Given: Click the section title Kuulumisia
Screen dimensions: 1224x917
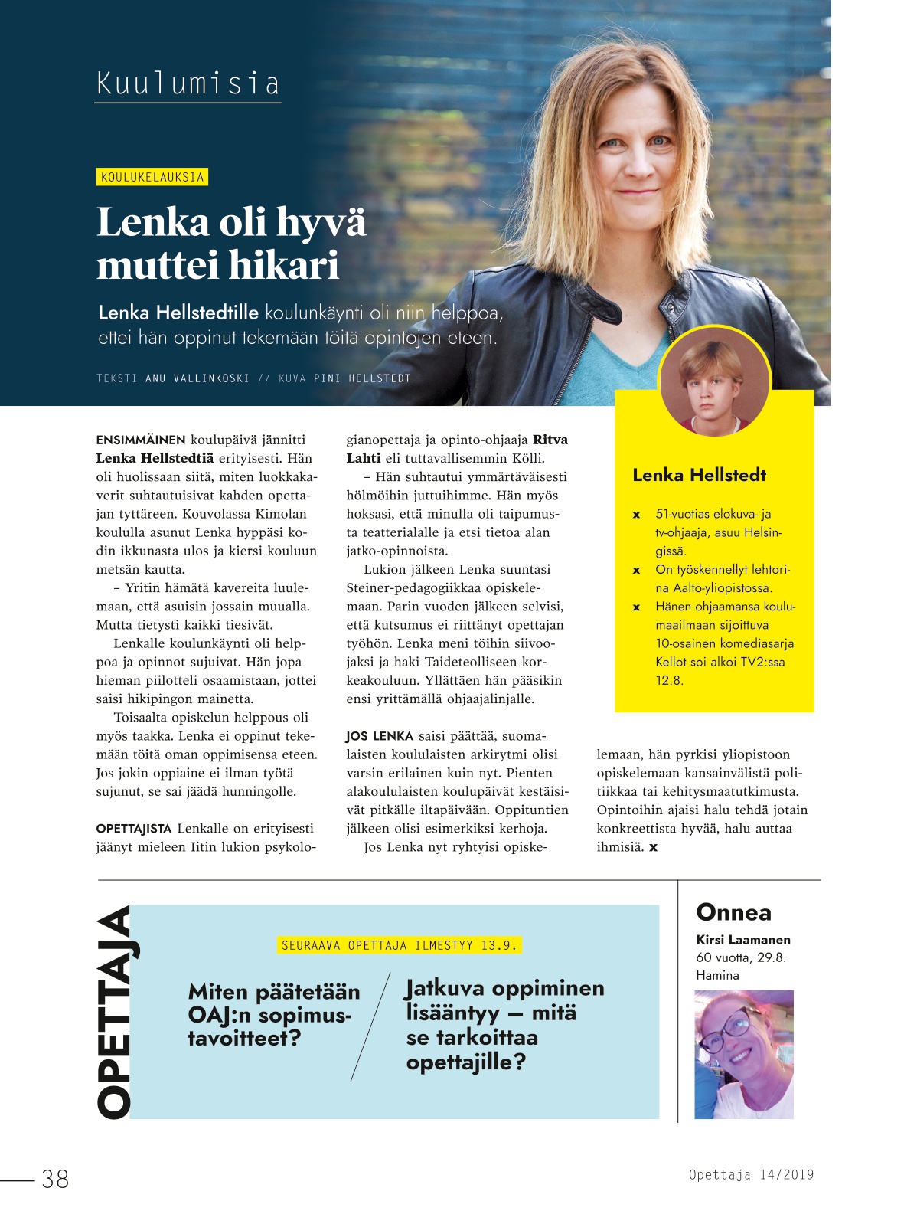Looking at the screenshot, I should (x=188, y=83).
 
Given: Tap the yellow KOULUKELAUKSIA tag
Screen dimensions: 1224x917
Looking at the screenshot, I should (x=152, y=177).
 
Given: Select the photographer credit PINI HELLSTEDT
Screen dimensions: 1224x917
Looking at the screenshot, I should (x=362, y=378).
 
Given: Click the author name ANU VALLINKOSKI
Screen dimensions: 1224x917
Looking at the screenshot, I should (x=197, y=378).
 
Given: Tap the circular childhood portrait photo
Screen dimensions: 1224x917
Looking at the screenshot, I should (x=714, y=381).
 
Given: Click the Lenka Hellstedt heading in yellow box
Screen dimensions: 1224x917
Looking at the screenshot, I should (x=699, y=475).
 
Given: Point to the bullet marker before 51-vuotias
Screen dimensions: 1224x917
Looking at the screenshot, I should (x=636, y=515).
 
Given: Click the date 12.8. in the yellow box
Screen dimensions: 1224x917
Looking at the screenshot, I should (x=669, y=680).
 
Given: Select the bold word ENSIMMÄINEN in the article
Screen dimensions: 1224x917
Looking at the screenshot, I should (x=141, y=440).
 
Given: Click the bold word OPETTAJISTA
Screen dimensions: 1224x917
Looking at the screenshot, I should (x=134, y=829).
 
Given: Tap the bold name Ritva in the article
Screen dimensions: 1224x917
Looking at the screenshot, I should (x=550, y=440).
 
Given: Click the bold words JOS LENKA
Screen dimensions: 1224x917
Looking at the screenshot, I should (x=380, y=736).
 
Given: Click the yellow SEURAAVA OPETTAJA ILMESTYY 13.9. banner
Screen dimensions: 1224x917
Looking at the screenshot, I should (x=399, y=945).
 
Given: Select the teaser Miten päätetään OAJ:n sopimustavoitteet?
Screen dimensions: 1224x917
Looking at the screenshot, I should (x=273, y=1015).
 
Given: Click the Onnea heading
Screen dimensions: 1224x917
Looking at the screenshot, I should (x=733, y=912).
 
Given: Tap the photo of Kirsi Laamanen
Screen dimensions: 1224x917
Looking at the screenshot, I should (x=743, y=1054).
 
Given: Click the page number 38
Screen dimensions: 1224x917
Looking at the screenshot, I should (x=55, y=1179).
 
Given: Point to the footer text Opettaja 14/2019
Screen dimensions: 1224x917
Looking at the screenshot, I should (x=751, y=1174).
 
